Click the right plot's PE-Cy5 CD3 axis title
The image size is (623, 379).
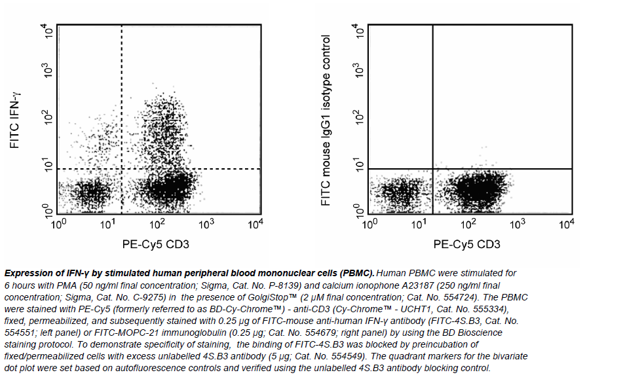(x=467, y=245)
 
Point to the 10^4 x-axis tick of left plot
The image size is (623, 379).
(x=256, y=225)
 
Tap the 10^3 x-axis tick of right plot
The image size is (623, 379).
(x=518, y=225)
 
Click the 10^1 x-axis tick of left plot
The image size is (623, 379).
(x=108, y=225)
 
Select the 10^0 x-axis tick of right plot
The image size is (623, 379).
(x=369, y=225)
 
